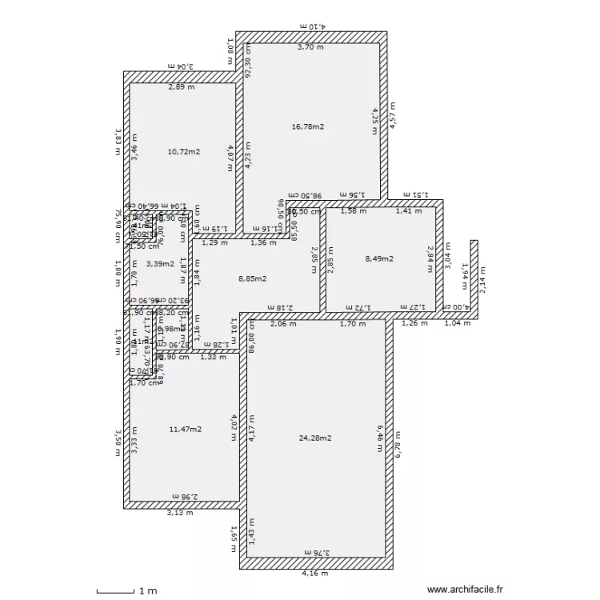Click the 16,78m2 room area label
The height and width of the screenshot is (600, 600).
[x=308, y=126]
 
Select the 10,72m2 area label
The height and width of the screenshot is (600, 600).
[x=183, y=151]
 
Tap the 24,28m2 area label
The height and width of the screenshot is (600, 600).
[x=315, y=438]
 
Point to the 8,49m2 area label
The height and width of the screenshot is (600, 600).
[x=380, y=258]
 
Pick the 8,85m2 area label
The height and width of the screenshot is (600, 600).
[x=253, y=279]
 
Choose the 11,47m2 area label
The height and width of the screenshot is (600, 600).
[x=186, y=430]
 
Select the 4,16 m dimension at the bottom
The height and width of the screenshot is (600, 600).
[x=314, y=574]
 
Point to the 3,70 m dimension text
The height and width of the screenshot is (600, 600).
[x=310, y=48]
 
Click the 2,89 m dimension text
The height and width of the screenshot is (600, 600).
[x=181, y=87]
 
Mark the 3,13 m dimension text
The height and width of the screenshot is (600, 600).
[x=179, y=513]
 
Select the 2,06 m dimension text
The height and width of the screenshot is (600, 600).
[x=282, y=324]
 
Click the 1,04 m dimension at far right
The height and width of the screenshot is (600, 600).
[x=457, y=324]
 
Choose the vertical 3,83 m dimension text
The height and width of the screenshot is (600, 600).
[x=117, y=142]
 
